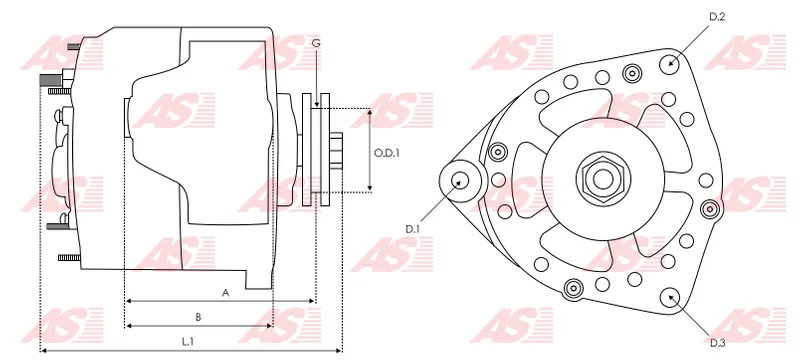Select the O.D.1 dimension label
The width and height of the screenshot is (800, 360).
(386, 153)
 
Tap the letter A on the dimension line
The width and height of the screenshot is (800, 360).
(226, 293)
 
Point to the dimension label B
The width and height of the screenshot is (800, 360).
(198, 317)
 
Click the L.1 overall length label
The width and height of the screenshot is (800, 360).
(188, 341)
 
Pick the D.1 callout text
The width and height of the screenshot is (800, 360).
(411, 229)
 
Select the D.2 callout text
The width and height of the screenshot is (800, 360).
(716, 17)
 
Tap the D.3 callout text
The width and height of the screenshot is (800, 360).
(717, 343)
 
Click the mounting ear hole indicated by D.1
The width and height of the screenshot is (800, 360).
(461, 181)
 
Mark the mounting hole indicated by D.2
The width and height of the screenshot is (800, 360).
(670, 63)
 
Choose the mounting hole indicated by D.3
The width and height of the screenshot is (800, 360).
(669, 297)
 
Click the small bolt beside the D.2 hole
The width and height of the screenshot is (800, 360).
(631, 73)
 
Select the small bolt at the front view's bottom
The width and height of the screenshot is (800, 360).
(573, 288)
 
